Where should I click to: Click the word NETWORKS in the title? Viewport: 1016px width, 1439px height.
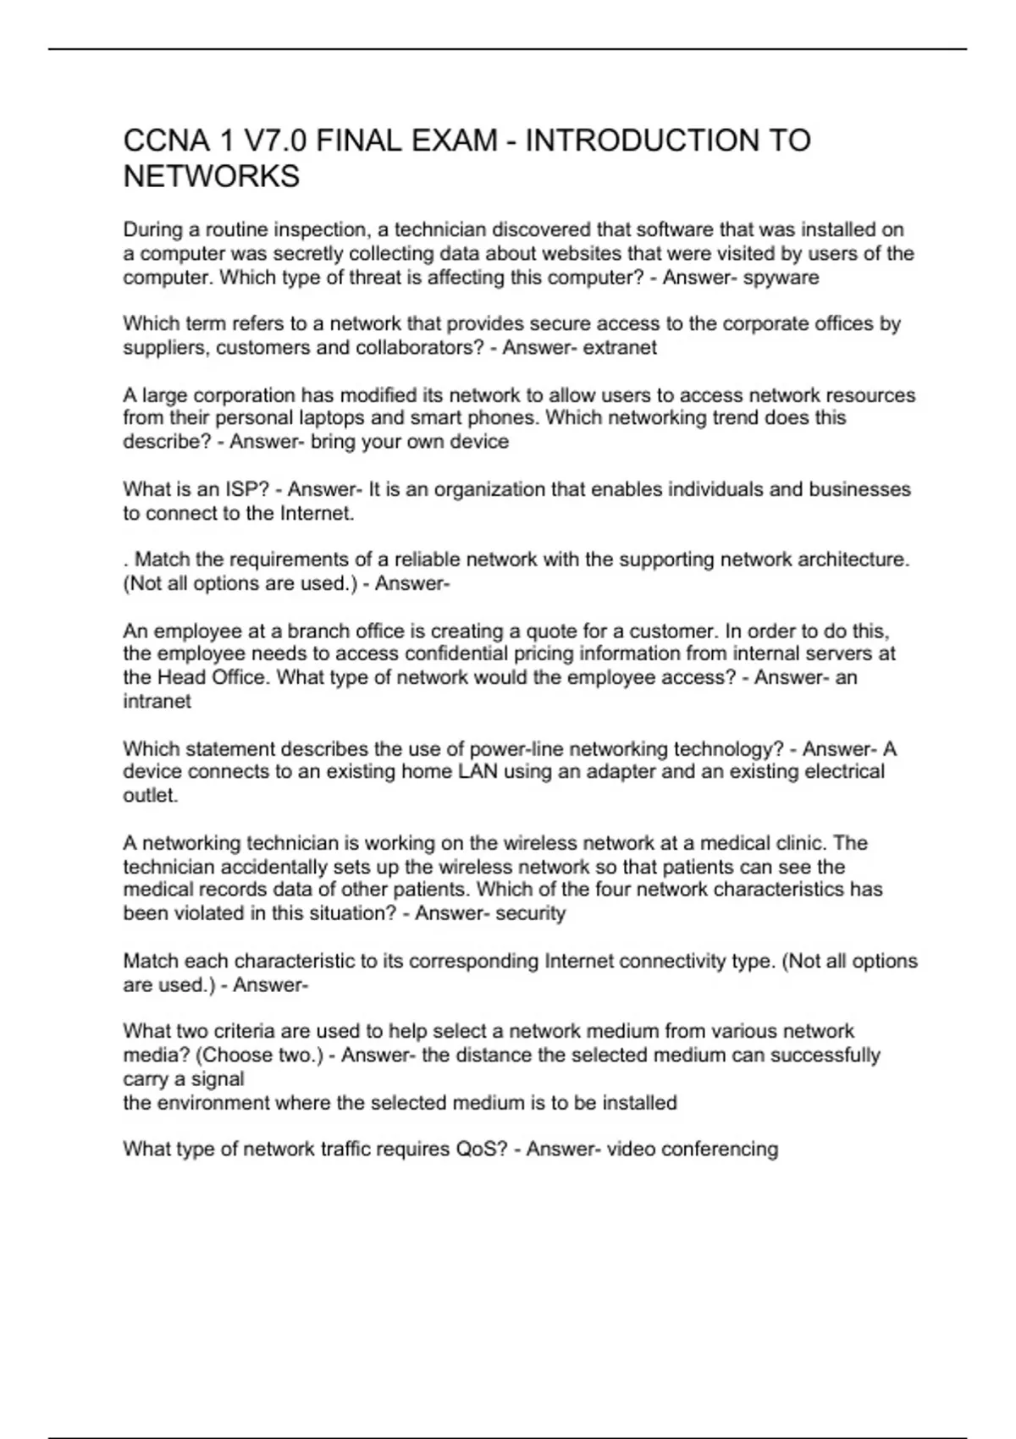click(212, 177)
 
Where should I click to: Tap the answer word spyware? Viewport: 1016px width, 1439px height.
click(781, 278)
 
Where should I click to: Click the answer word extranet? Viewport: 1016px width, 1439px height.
click(620, 348)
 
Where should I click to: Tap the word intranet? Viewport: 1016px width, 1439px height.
click(157, 701)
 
